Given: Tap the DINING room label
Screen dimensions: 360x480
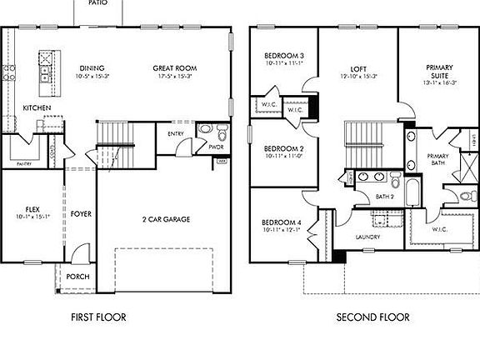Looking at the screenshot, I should point(93,68).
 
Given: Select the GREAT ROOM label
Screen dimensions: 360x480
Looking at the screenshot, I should point(173,68).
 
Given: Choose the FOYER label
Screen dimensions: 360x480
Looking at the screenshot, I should point(81,214).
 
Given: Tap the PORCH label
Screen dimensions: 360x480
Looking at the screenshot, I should point(77,277).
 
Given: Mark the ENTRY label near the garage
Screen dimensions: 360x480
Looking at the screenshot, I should point(176,133).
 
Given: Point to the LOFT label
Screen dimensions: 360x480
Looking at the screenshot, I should point(359,68).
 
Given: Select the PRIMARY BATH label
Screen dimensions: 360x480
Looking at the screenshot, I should point(437,160).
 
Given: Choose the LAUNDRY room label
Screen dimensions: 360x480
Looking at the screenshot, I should point(367,237).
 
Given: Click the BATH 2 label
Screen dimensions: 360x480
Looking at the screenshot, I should point(384,197).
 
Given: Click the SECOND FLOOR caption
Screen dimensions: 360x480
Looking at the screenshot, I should point(372,317).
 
